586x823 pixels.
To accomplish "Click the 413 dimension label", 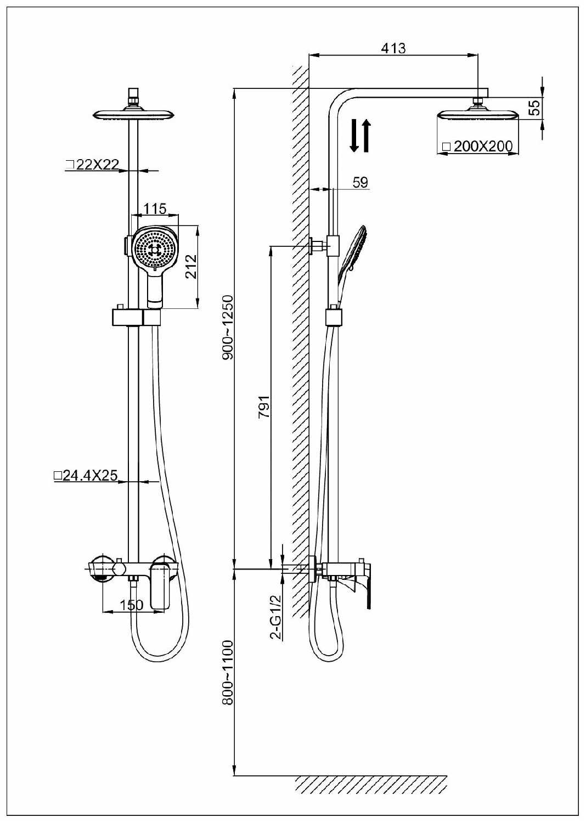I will coord(393,48).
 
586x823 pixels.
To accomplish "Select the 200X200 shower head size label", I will coord(477,146).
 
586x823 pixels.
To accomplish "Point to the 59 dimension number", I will coord(360,182).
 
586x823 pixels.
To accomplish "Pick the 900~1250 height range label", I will coord(228,328).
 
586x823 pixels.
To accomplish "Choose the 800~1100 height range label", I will coord(228,672).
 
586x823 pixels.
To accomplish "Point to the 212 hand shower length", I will coord(190,266).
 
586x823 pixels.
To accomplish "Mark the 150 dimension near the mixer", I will coord(132,605).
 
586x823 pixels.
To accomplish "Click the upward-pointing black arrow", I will coord(366,136).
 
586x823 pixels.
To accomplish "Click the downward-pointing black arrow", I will coord(354,136).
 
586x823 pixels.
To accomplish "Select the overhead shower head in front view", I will coord(134,115).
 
